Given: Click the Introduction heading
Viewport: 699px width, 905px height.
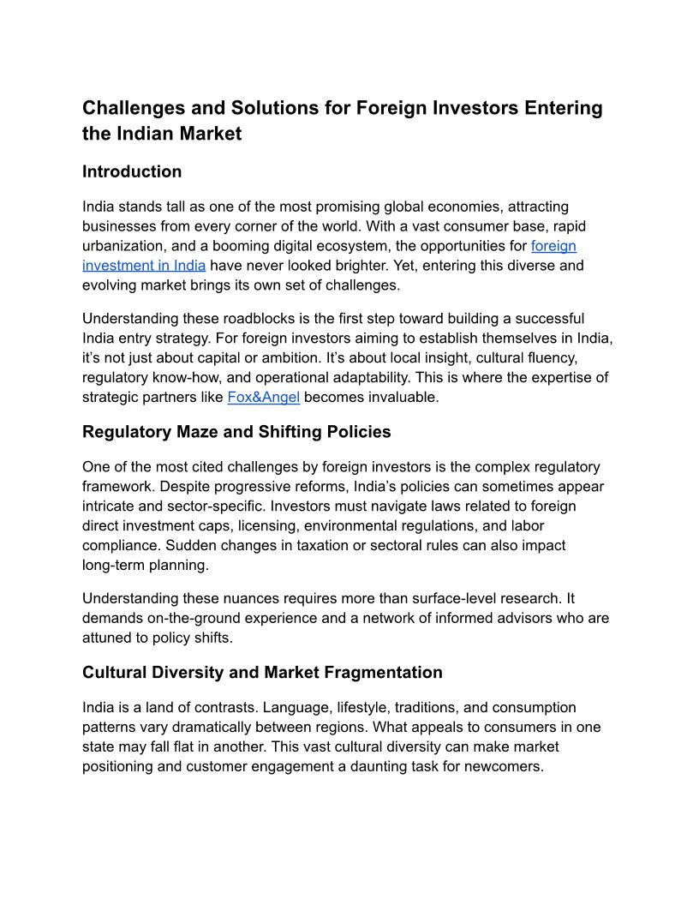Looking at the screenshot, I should point(132,171).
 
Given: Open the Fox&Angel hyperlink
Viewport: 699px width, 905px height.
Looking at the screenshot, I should point(263,398).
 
